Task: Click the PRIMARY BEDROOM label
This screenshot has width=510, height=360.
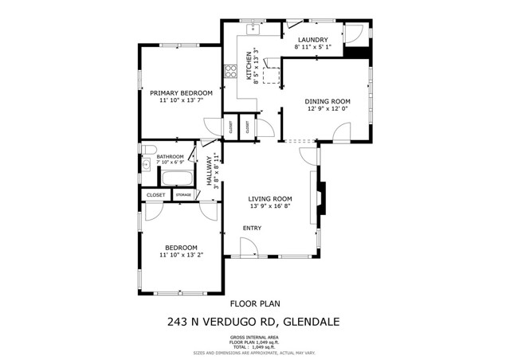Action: tap(180, 93)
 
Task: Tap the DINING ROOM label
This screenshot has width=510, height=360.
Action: tap(328, 101)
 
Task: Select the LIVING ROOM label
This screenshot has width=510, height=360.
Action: tap(270, 199)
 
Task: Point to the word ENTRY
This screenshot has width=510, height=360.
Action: tap(253, 229)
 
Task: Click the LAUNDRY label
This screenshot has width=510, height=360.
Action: tap(312, 40)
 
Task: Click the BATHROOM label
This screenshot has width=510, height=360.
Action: tap(170, 157)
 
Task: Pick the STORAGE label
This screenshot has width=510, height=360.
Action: tap(183, 194)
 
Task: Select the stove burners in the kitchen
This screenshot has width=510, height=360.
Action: tap(231, 70)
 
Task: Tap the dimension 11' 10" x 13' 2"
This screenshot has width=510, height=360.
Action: tap(180, 256)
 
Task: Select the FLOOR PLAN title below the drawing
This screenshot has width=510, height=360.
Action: tap(255, 303)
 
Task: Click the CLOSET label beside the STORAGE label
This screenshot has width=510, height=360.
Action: tap(155, 194)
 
